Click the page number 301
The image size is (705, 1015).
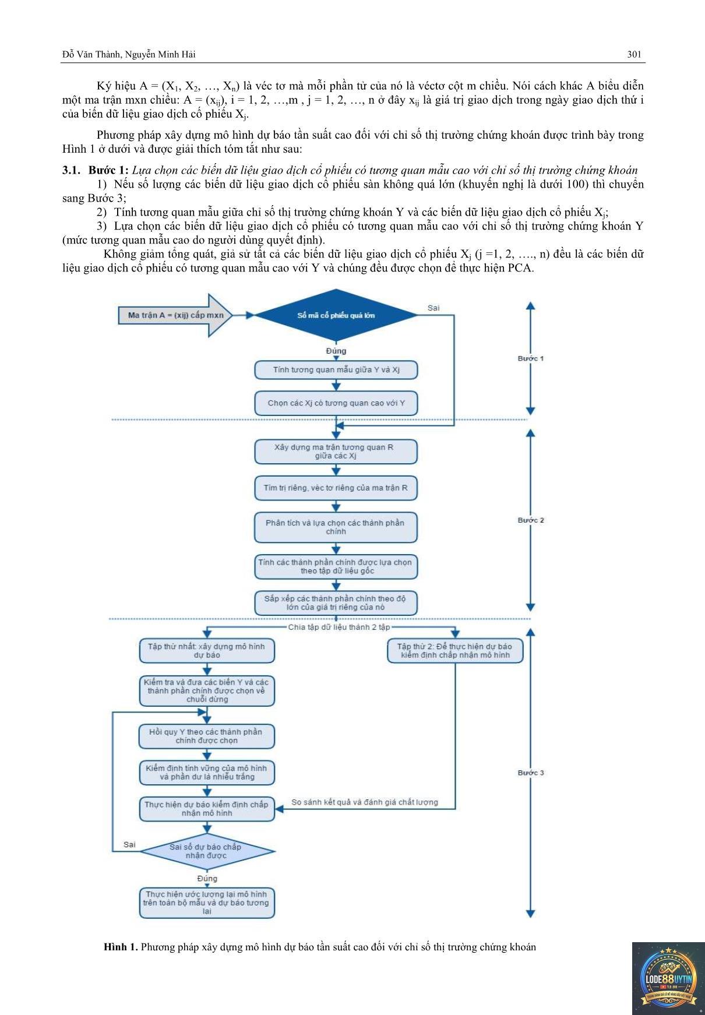click(634, 54)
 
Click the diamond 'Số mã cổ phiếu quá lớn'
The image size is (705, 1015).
click(336, 315)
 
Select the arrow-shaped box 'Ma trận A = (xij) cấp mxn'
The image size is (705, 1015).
click(175, 315)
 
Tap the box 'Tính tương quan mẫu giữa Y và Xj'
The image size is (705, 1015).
click(336, 370)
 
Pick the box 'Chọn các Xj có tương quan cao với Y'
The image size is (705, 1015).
click(336, 403)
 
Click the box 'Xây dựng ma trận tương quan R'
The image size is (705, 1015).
click(336, 452)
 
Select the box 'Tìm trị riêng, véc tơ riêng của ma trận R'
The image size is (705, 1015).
click(336, 488)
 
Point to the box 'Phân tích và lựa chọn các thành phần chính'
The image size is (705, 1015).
click(336, 527)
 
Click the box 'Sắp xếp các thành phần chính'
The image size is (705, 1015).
click(336, 603)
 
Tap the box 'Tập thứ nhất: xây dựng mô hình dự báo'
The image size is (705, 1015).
click(207, 651)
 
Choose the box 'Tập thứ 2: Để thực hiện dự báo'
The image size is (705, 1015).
click(455, 651)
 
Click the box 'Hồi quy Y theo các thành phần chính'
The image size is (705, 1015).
click(207, 736)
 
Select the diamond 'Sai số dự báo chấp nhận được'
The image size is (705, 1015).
click(207, 851)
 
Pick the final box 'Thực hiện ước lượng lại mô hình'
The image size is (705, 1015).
click(207, 903)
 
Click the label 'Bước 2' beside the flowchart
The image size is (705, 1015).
click(531, 520)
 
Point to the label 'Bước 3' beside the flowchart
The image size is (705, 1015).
click(531, 773)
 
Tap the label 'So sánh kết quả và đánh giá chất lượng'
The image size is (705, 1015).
click(365, 802)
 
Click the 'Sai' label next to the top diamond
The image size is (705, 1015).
click(433, 308)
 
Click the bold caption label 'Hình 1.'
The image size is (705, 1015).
click(121, 947)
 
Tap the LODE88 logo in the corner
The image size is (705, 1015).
click(668, 979)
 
